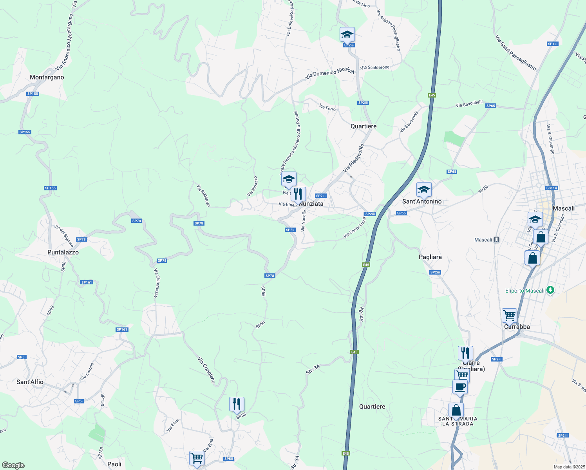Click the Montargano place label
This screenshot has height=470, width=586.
click(47, 78)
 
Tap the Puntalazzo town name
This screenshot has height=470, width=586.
click(63, 253)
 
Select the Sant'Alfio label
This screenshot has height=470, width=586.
click(30, 382)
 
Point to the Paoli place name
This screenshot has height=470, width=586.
click(114, 464)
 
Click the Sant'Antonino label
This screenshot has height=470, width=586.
click(422, 201)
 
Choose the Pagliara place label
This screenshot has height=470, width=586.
click(430, 257)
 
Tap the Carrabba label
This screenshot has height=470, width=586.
click(517, 327)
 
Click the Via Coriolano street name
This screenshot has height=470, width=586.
click(206, 370)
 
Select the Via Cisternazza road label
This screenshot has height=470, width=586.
click(156, 283)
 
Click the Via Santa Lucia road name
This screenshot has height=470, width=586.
click(354, 228)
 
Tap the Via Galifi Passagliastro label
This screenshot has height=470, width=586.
click(515, 53)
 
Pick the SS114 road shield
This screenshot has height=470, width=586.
click(552, 188)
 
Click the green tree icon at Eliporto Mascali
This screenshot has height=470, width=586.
click(551, 290)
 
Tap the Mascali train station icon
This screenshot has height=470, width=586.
click(497, 240)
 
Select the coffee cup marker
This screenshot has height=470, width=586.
click(460, 387)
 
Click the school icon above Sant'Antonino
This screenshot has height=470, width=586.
click(423, 190)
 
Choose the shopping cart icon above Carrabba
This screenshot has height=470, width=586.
click(509, 315)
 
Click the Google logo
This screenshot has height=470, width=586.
click(13, 465)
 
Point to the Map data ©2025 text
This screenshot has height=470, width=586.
click(569, 467)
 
